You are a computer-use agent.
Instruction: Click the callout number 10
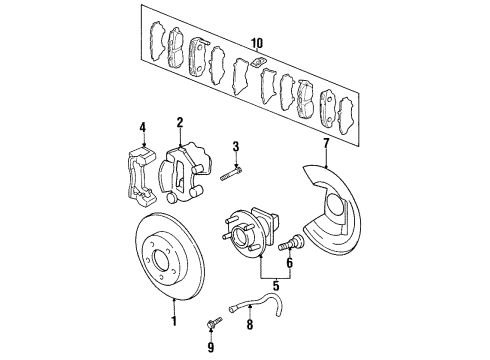point(257,43)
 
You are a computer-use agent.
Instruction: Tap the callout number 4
point(142,127)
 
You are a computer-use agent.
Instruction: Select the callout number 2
point(180,123)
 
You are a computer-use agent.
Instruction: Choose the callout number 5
point(262,296)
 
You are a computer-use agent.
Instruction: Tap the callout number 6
point(290,264)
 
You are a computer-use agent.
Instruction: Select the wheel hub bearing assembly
point(246,255)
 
